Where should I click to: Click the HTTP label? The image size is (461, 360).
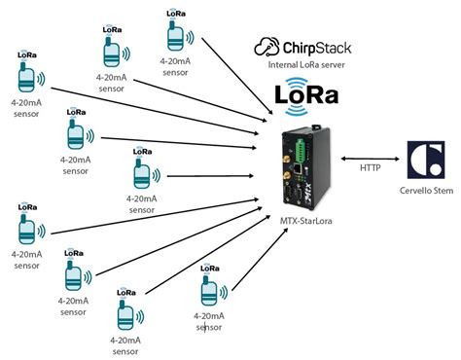tap(371, 168)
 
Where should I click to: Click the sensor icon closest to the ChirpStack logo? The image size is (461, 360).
tap(176, 38)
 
